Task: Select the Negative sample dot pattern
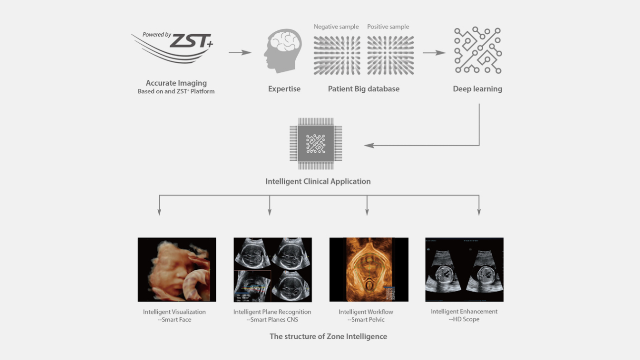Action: coord(336,55)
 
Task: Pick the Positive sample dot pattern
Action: coord(390,55)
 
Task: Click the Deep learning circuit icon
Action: coord(478,51)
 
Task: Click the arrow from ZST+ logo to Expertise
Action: coord(240,52)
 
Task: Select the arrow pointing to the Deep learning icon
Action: coord(434,52)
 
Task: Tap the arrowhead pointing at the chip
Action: coord(368,145)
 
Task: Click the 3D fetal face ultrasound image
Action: coord(177,270)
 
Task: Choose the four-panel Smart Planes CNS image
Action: coord(272,270)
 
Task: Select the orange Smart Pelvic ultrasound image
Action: coord(369,270)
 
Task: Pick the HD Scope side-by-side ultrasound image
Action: coord(464,270)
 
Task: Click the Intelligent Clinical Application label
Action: coord(318,181)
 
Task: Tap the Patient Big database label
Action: coord(364,89)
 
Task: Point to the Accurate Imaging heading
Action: coord(176,83)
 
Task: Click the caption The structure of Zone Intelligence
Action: coord(328,336)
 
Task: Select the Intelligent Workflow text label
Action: coord(366,312)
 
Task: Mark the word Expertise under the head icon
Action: coord(284,89)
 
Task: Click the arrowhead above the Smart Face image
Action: coord(159,212)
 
